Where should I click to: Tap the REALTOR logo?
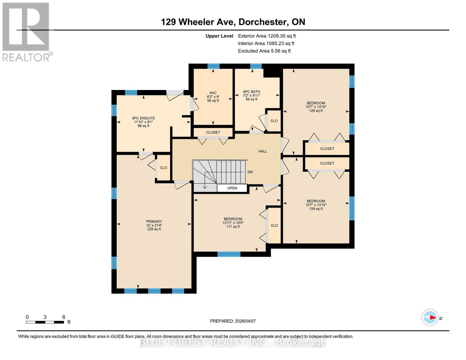click(x=26, y=32)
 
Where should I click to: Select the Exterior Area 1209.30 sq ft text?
click(x=267, y=36)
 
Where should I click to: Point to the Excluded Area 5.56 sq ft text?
click(x=264, y=51)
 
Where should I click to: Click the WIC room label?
click(x=213, y=93)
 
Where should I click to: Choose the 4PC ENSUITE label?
click(x=143, y=118)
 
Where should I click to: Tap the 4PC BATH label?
click(x=251, y=92)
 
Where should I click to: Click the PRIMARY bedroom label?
click(x=154, y=221)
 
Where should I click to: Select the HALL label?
click(x=263, y=151)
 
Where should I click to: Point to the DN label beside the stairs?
click(x=250, y=172)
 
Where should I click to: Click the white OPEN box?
click(x=232, y=188)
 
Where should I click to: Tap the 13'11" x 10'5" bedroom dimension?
click(x=233, y=223)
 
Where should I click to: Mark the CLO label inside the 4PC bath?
click(x=274, y=121)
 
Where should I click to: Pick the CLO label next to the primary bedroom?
click(x=164, y=168)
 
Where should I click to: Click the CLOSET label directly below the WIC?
click(x=213, y=132)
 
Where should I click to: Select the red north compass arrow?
click(x=432, y=317)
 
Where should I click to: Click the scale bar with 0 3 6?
click(x=45, y=322)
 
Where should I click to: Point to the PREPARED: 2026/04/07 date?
click(x=233, y=321)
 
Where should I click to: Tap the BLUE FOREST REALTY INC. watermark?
click(x=233, y=342)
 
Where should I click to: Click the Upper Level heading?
click(x=219, y=36)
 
